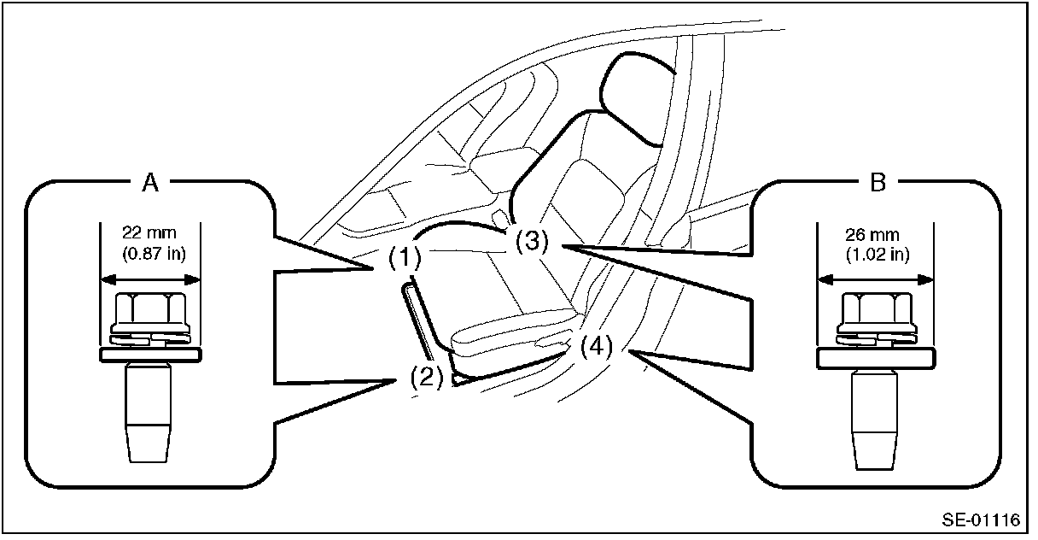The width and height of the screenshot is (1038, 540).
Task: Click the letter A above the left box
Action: pos(149,182)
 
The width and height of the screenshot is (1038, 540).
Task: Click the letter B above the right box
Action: pos(877,182)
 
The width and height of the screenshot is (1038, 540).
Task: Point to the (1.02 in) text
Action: pos(876,254)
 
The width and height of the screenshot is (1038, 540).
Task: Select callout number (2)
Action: pos(426,377)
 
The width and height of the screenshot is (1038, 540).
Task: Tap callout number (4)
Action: pos(596,347)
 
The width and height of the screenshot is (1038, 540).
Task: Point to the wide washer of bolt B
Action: pos(875,359)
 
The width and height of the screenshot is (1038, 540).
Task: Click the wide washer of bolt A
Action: pos(150,353)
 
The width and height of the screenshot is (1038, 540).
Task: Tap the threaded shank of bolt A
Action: pos(149,410)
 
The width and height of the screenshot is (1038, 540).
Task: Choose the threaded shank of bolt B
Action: pos(875,419)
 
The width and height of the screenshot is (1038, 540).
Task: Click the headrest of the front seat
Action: pos(636,94)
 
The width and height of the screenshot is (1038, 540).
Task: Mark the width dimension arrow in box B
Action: pos(875,279)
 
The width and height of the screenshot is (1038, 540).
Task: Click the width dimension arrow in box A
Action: pos(150,278)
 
